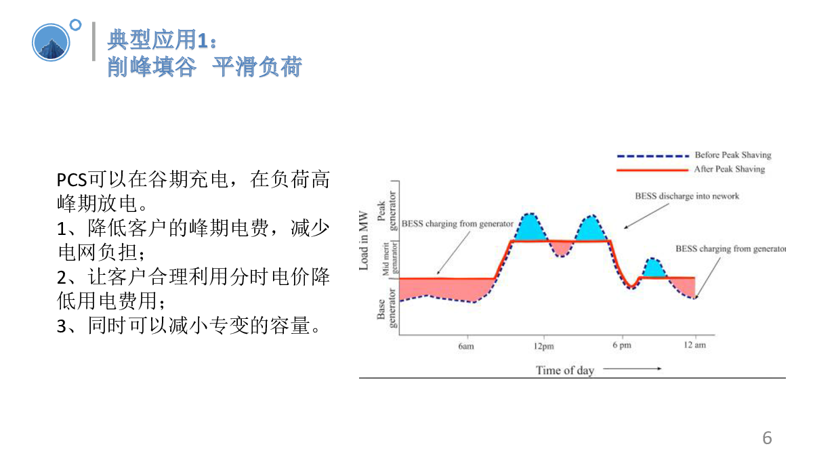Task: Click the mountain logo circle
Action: click(x=51, y=43)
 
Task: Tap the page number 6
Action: click(x=767, y=438)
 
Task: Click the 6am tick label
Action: click(x=466, y=346)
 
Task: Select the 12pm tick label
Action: click(x=543, y=346)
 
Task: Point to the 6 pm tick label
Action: click(x=622, y=345)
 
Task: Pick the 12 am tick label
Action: click(x=694, y=345)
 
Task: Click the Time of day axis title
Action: click(x=565, y=370)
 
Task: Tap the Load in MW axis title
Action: click(x=363, y=240)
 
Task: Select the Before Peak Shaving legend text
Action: click(x=733, y=155)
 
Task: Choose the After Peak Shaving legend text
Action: click(x=730, y=169)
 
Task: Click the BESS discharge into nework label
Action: click(x=687, y=196)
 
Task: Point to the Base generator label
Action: click(x=387, y=308)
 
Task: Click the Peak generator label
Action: click(x=387, y=211)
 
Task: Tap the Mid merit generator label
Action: click(x=390, y=259)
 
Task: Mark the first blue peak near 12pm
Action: click(x=530, y=227)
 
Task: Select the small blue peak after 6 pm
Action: click(x=654, y=268)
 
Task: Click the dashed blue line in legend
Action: click(x=652, y=156)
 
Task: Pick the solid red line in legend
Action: click(x=652, y=170)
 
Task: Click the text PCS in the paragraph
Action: click(x=72, y=180)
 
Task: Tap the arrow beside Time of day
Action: click(x=632, y=369)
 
